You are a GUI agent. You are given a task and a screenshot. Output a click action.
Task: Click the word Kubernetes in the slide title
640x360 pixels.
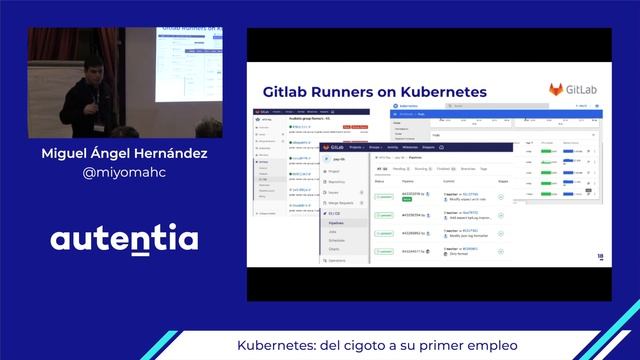coord(443,91)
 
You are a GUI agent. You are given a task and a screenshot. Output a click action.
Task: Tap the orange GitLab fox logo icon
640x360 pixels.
coord(554,90)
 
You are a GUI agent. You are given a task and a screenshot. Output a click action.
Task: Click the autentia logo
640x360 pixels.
coord(124,240)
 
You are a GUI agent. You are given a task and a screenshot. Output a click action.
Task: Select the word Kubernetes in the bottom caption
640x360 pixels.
coord(271,345)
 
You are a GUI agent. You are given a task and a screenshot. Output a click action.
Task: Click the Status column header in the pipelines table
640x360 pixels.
coord(379,181)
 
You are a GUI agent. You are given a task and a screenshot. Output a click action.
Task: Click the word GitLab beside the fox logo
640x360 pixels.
coord(586,90)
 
